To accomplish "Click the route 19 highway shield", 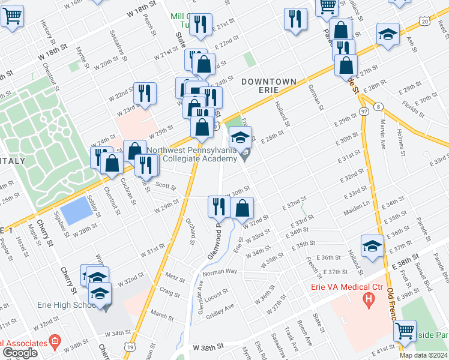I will coord(130,346).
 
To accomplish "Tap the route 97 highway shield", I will coord(364,112).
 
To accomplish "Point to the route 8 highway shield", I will coord(378,106).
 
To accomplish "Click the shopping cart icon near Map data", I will coord(406,330).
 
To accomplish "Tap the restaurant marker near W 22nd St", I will coord(145,92).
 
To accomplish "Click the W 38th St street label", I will coord(208,347).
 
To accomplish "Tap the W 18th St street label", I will coord(141,20).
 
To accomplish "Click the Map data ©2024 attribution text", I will coord(423,355).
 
